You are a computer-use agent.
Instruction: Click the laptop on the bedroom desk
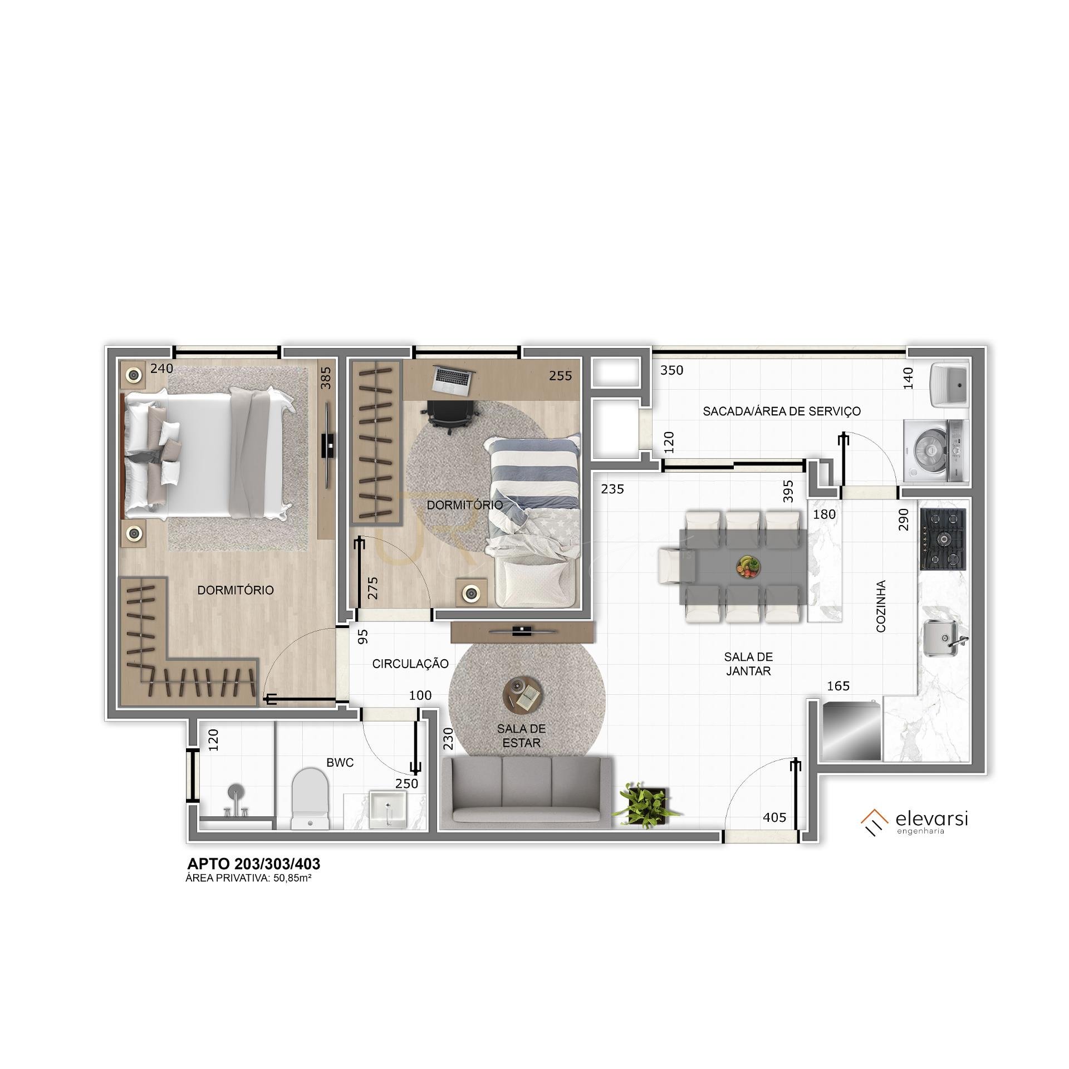click(453, 380)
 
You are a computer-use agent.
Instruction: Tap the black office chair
click(451, 416)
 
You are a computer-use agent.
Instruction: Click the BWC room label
click(340, 763)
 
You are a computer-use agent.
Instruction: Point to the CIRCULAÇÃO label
click(410, 664)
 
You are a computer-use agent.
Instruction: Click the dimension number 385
click(326, 377)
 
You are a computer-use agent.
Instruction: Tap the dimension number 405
click(774, 817)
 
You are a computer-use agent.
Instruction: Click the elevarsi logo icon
click(874, 825)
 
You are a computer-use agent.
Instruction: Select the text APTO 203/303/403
click(254, 864)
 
